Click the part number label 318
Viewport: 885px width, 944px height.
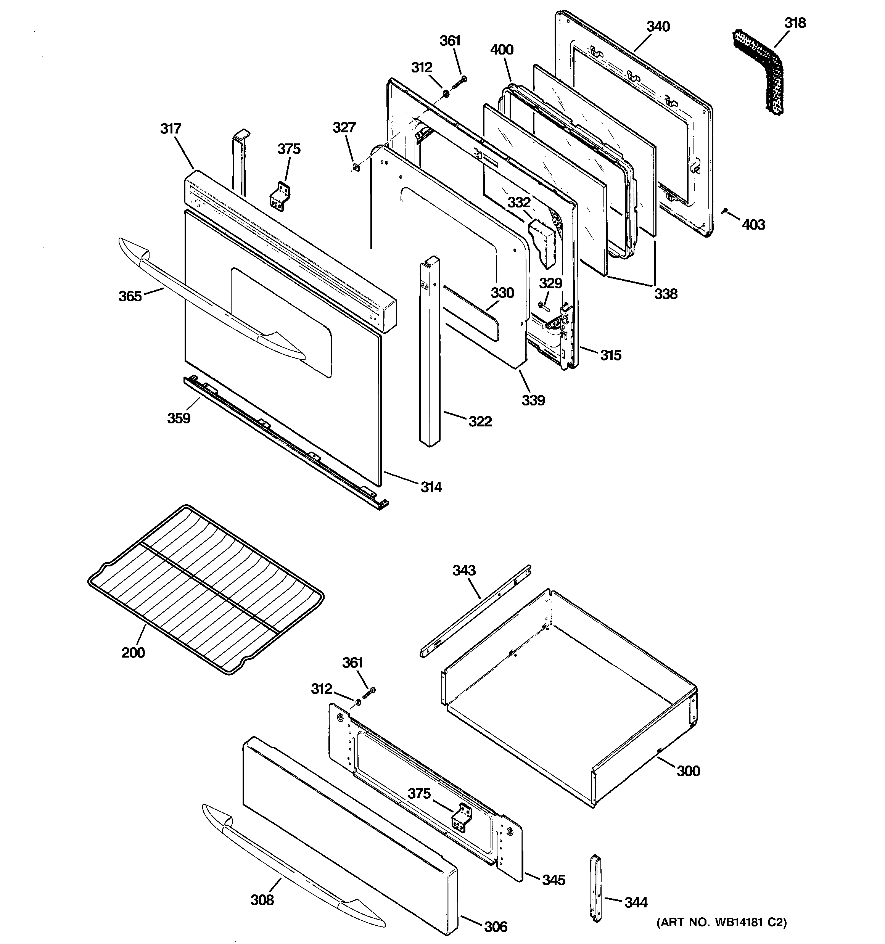point(795,23)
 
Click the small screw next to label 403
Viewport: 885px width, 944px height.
point(725,211)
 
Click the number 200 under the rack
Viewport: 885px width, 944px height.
point(133,653)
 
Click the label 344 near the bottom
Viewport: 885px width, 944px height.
point(636,902)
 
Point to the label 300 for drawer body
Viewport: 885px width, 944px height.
point(688,771)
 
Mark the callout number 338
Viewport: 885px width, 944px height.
point(666,294)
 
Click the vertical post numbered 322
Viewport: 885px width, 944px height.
point(430,351)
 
